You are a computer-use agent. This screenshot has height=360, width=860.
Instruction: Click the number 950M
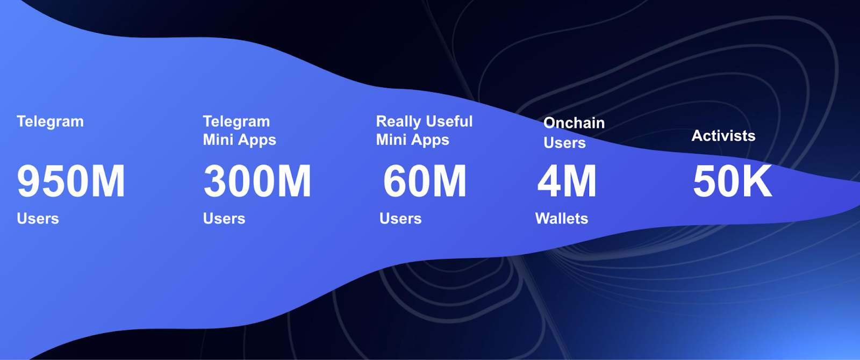pyautogui.click(x=71, y=182)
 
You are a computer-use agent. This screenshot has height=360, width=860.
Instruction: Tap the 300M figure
pyautogui.click(x=257, y=182)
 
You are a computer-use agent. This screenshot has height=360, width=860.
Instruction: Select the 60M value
pyautogui.click(x=425, y=182)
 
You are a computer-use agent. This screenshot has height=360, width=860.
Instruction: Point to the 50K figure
pyautogui.click(x=732, y=182)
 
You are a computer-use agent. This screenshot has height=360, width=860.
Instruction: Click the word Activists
pyautogui.click(x=723, y=136)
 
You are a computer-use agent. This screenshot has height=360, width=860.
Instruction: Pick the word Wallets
pyautogui.click(x=562, y=219)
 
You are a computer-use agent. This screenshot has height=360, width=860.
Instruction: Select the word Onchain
pyautogui.click(x=574, y=123)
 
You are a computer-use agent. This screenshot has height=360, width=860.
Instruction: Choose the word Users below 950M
pyautogui.click(x=38, y=219)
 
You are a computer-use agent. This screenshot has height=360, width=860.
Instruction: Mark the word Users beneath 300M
pyautogui.click(x=224, y=219)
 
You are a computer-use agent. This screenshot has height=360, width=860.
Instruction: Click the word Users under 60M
pyautogui.click(x=400, y=219)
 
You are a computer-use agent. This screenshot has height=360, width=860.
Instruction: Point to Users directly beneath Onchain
pyautogui.click(x=564, y=143)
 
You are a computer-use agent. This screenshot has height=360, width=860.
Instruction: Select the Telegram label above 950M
pyautogui.click(x=50, y=122)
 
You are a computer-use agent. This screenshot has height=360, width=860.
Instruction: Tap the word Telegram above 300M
pyautogui.click(x=236, y=122)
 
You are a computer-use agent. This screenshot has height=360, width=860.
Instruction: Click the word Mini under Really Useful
pyautogui.click(x=391, y=140)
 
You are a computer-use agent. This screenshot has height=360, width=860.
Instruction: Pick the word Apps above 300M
pyautogui.click(x=257, y=141)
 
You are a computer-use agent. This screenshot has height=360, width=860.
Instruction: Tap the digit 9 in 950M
pyautogui.click(x=29, y=182)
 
